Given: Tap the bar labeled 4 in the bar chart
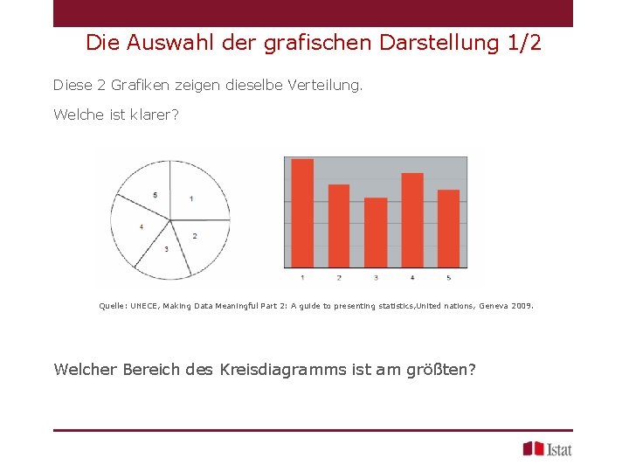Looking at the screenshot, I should coord(412,219).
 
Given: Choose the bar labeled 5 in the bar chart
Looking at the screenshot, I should coord(448,228).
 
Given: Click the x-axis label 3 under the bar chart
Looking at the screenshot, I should coord(376,278).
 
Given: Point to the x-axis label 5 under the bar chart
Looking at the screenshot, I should coord(448,278).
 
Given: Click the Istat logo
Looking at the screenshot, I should coord(547,448).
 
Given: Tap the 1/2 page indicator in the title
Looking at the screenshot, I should coord(524,42).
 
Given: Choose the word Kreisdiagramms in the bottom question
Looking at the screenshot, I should coord(287,369).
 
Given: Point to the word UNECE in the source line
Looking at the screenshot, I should coord(143,307).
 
